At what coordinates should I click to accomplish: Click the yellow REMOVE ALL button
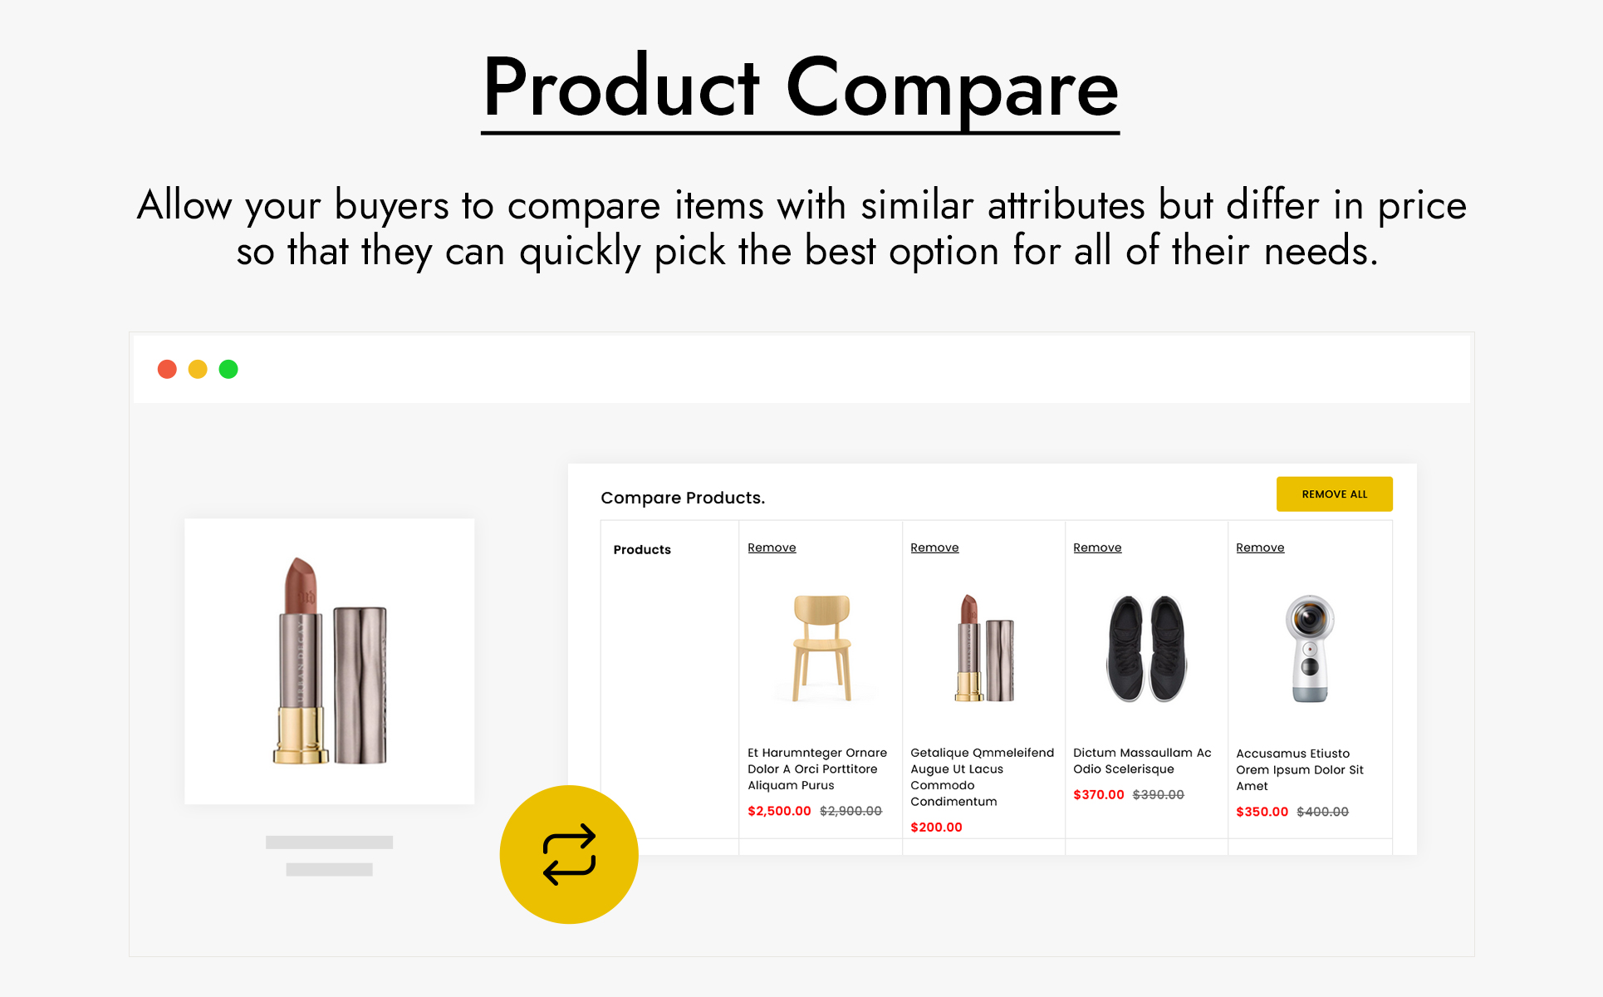point(1334,494)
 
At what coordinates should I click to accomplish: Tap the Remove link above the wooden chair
point(772,548)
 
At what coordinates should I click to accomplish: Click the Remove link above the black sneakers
point(1097,548)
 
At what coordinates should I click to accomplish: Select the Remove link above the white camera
point(1260,548)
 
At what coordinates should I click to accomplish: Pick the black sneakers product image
point(1146,648)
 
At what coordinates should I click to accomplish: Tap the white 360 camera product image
point(1310,648)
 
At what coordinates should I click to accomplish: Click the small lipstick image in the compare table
point(984,648)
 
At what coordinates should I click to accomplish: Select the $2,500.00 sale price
point(779,811)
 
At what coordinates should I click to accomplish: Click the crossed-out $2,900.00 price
point(851,811)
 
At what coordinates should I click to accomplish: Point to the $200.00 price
point(936,828)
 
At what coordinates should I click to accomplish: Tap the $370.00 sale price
point(1098,795)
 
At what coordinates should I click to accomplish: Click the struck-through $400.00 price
point(1322,812)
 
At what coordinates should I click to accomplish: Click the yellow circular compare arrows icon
point(569,854)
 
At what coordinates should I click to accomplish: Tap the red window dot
point(167,369)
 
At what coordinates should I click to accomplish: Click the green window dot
point(228,369)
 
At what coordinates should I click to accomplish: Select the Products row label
point(642,550)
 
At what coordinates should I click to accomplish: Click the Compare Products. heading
point(683,498)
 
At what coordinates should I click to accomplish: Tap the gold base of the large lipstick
point(301,735)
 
